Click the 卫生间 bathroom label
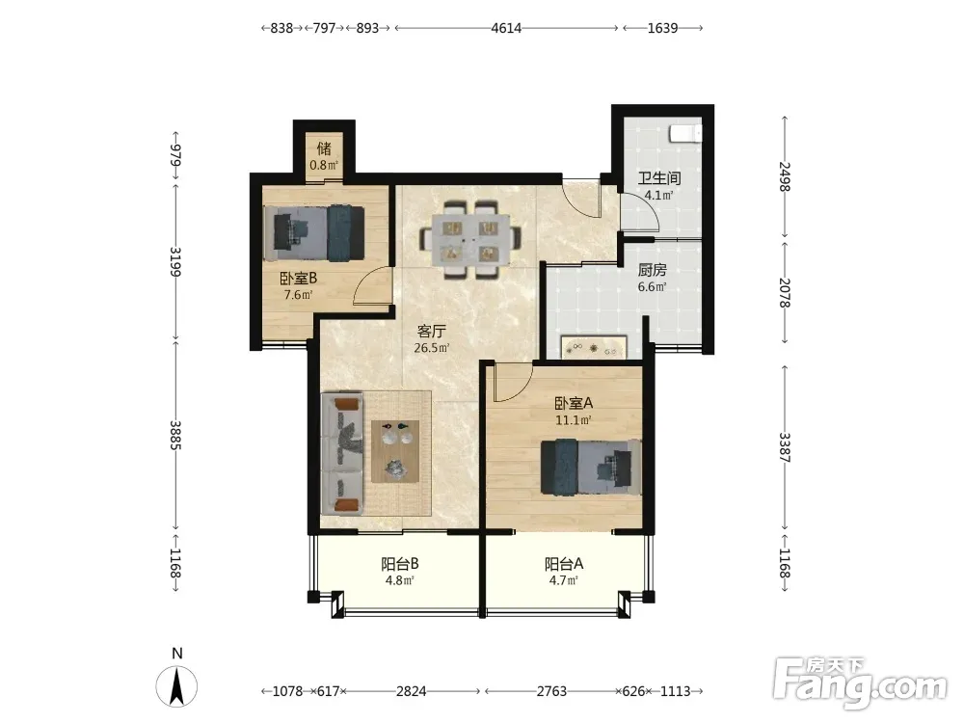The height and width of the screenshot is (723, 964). coord(658,178)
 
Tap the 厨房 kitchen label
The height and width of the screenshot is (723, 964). coord(652,270)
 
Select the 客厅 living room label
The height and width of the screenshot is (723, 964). coord(431,332)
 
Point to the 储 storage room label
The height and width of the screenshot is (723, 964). coord(324,148)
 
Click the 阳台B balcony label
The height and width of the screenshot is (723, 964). coord(400,564)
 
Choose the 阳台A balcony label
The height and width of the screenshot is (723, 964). coord(564,564)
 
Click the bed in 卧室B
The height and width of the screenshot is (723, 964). coord(314,233)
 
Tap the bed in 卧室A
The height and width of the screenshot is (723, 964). coord(591,467)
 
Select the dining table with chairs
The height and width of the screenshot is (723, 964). coord(471,239)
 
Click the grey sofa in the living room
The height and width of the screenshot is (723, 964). coord(342,454)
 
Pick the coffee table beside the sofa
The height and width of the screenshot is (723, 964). coord(395,451)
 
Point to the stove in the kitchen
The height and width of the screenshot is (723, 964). coord(593,347)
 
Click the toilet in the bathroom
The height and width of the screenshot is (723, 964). coord(684,133)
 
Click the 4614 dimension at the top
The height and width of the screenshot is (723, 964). coord(506,28)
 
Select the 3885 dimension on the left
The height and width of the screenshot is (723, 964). coord(175,435)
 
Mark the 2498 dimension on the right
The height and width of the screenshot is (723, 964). coord(784,176)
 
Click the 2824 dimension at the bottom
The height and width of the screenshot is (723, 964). coord(411,691)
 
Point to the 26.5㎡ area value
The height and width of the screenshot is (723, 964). coord(432,348)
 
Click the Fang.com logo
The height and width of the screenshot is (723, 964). coord(860,683)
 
